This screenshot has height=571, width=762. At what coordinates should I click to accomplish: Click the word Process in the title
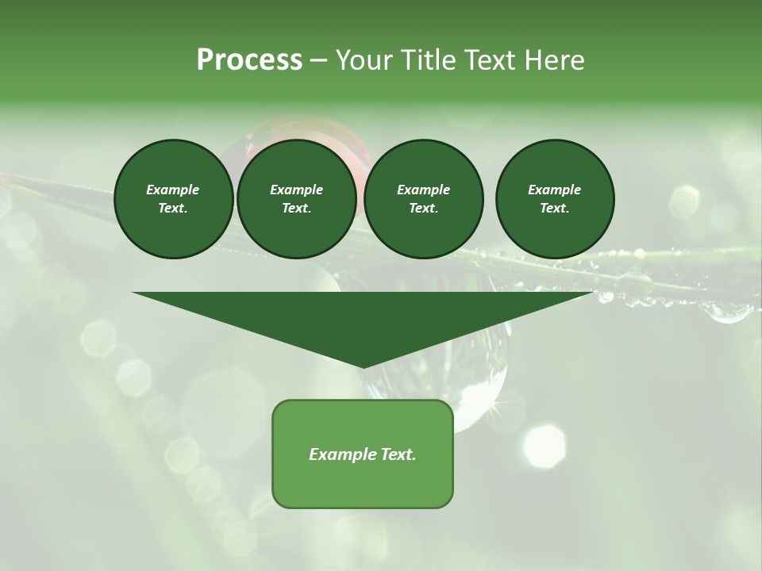coord(249,59)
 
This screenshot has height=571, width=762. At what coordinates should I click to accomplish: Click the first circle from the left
coord(173,199)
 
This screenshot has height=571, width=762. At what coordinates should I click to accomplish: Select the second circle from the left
coord(297,199)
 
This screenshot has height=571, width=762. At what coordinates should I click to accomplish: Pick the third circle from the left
coord(424,199)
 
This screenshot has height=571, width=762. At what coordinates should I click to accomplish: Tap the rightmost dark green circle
coord(555,199)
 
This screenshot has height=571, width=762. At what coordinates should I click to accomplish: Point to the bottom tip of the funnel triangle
coord(363,367)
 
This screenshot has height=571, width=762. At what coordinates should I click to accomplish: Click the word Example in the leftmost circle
coord(173,190)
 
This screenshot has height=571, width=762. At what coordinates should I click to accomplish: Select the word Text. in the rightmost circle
coord(555,209)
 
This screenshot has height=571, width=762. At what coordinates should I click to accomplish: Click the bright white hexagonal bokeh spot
coord(545,446)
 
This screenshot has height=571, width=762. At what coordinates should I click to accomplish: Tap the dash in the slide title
coord(318,60)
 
